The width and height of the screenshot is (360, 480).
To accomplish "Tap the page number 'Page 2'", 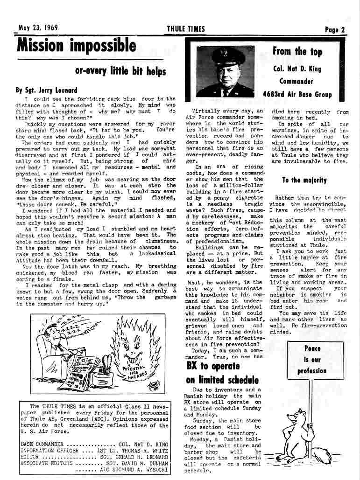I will [335, 29].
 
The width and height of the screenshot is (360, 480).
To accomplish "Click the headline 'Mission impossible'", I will [77, 46].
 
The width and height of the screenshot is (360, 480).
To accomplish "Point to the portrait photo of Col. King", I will [226, 71].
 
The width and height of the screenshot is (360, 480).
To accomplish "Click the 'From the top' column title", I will [297, 51].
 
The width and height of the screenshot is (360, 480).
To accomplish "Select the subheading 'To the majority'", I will [304, 180].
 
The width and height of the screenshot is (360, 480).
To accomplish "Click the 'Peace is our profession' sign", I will [312, 359].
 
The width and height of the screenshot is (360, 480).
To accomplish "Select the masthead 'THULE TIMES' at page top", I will [186, 29].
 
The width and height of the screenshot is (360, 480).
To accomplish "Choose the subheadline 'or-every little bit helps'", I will [120, 71].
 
